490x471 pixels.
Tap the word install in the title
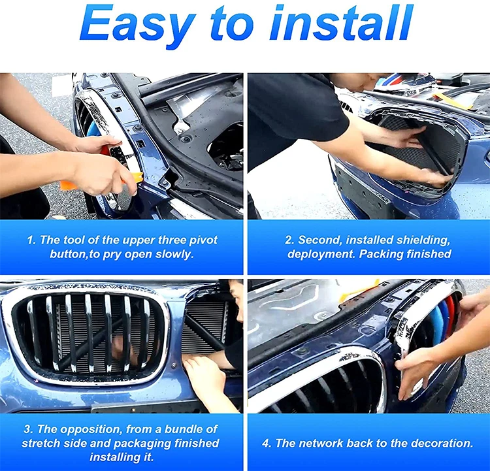pos(340,23)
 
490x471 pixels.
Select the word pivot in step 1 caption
pos(203,240)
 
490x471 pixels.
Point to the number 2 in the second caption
pos(289,240)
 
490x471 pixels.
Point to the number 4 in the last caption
pos(266,443)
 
